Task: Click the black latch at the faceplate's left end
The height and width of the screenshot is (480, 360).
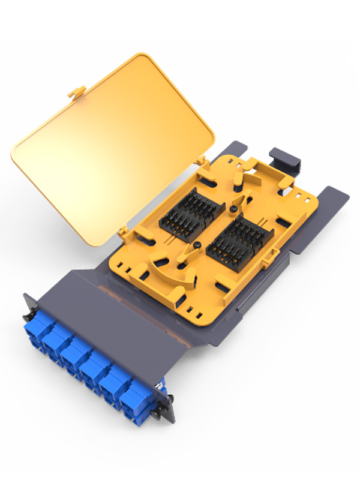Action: click(x=25, y=313)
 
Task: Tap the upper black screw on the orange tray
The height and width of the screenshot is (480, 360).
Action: click(x=232, y=208)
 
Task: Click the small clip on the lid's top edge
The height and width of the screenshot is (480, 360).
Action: click(x=76, y=92)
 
